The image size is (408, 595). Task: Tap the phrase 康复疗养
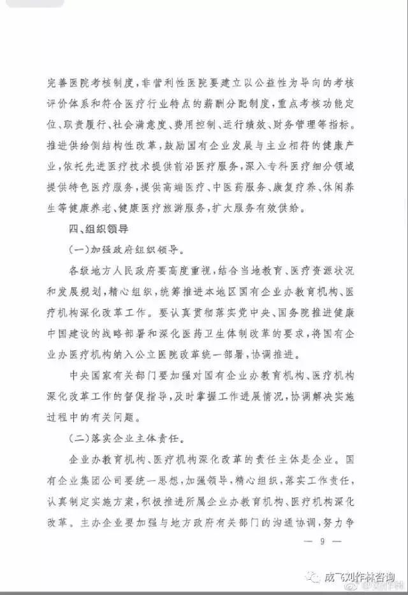point(288,187)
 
